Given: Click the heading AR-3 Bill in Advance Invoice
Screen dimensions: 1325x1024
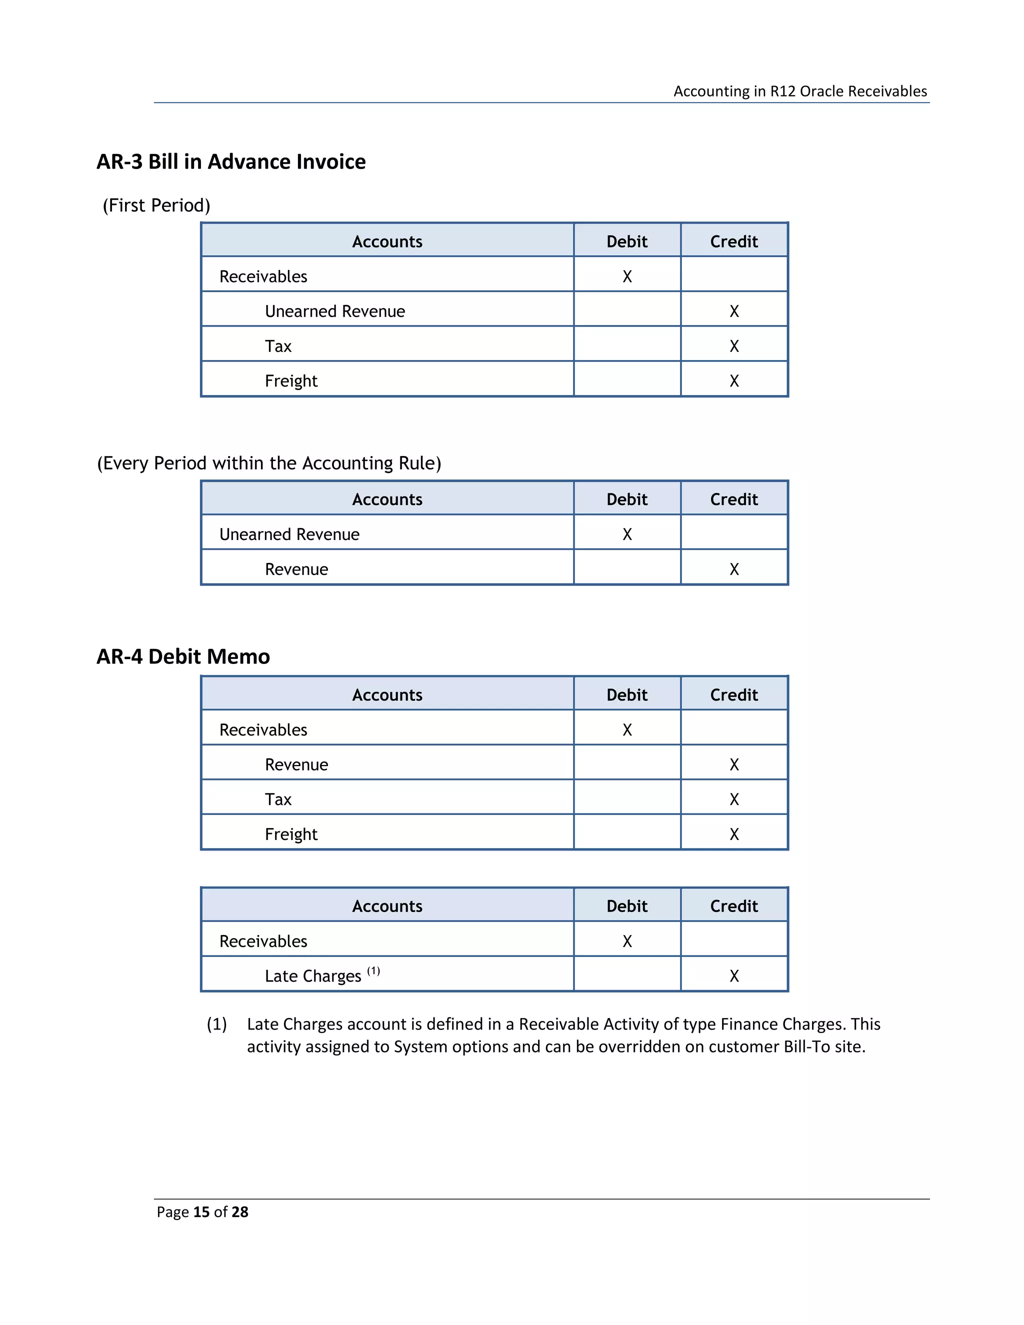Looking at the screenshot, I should point(230,162).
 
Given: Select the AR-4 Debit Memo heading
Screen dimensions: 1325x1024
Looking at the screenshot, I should point(182,656).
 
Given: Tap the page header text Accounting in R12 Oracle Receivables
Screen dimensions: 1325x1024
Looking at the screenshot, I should point(799,91).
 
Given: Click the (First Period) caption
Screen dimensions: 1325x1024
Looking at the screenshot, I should point(156,205).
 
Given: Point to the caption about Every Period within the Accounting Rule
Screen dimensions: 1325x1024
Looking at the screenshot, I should point(268,463).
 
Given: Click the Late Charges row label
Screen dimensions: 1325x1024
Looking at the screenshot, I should point(312,976).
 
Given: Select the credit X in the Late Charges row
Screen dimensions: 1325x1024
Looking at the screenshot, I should point(733,976).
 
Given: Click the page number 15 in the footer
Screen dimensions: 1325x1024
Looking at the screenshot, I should point(201,1212).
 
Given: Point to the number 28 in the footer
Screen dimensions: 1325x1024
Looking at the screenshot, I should point(239,1212).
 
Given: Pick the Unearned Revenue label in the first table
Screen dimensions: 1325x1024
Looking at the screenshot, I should point(334,311).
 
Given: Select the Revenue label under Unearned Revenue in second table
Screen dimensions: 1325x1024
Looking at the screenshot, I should point(296,569).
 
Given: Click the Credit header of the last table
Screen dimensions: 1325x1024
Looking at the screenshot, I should point(733,906).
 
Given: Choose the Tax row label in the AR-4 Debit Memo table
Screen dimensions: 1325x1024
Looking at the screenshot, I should point(278,799).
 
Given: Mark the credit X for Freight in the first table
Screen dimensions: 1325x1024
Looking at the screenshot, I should point(733,381).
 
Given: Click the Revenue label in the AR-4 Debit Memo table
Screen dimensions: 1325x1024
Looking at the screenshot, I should point(296,765).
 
